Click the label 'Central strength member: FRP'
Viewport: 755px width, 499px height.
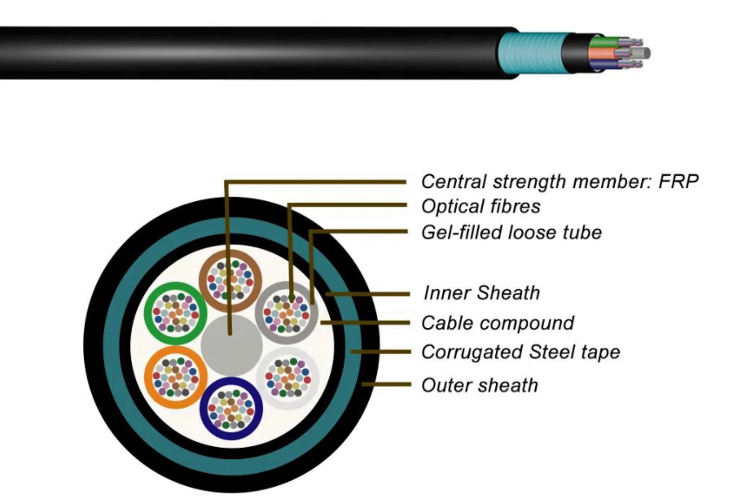click(x=560, y=181)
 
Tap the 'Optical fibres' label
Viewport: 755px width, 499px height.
click(x=481, y=206)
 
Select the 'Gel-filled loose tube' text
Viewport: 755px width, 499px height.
click(x=511, y=232)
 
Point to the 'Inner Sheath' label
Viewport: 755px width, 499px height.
click(x=481, y=292)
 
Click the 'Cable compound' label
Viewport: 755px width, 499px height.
click(x=498, y=322)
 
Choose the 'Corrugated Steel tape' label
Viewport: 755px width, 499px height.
click(x=520, y=352)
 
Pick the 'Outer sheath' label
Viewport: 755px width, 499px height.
click(x=480, y=384)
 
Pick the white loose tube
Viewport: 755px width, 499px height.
click(x=287, y=376)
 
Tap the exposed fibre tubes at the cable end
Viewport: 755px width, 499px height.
click(x=622, y=54)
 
